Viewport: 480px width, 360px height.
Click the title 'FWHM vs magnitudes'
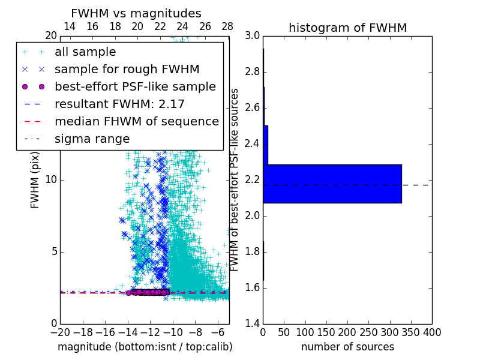point(136,14)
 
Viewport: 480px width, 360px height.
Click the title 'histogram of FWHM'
point(348,28)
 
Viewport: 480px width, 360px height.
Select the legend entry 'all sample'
point(85,52)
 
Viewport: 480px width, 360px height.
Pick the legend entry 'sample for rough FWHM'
point(127,70)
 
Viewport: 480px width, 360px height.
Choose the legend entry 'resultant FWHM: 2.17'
point(119,104)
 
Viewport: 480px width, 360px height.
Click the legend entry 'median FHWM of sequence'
point(137,121)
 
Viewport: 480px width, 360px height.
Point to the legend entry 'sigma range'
point(92,139)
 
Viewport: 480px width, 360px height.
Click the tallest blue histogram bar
point(332,184)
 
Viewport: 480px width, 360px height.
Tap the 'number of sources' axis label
point(347,347)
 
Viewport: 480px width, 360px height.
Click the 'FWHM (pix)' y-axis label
point(35,179)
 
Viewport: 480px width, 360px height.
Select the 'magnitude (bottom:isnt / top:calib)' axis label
point(145,347)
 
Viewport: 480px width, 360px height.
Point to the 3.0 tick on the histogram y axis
point(253,36)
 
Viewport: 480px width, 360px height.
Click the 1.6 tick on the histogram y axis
point(253,288)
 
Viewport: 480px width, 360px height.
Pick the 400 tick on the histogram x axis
point(432,332)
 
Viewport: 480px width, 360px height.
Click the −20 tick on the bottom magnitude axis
point(60,332)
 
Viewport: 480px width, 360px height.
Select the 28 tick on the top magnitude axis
point(227,26)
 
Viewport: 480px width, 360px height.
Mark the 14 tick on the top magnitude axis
point(70,26)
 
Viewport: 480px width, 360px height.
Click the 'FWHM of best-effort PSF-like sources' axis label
point(235,179)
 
